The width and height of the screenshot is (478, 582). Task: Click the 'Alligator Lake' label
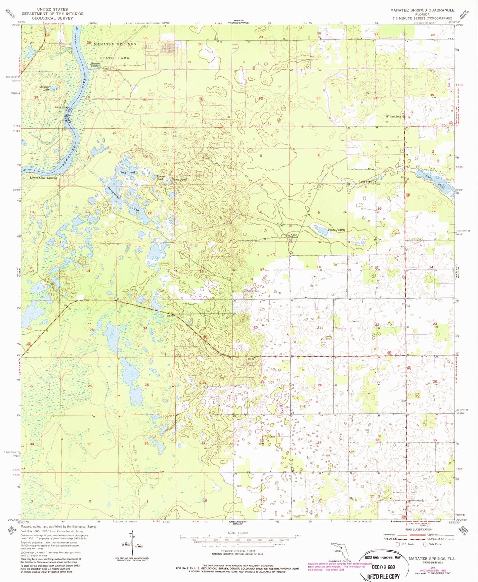pyautogui.click(x=44, y=88)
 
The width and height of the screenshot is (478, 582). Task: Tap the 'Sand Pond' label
pyautogui.click(x=127, y=173)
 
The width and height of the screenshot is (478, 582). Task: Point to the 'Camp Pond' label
pyautogui.click(x=179, y=180)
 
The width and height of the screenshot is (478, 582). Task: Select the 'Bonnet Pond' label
pyautogui.click(x=161, y=178)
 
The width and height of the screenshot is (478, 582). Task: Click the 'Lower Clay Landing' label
pyautogui.click(x=44, y=178)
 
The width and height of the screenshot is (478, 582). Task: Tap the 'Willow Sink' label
pyautogui.click(x=393, y=117)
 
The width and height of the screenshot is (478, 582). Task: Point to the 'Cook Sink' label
pyautogui.click(x=294, y=236)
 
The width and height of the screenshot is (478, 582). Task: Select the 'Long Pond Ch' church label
pyautogui.click(x=368, y=182)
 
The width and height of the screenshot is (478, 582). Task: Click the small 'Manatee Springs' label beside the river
pyautogui.click(x=95, y=65)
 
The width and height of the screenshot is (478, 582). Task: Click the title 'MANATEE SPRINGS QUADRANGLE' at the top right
pyautogui.click(x=422, y=10)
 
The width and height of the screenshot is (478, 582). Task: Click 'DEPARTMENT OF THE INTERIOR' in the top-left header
pyautogui.click(x=52, y=14)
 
